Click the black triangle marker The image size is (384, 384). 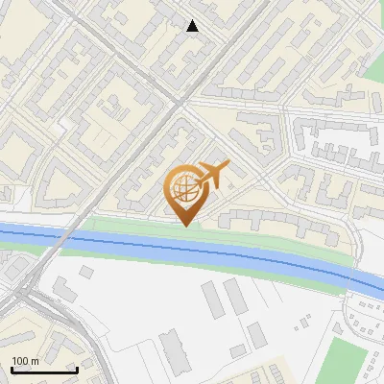193,26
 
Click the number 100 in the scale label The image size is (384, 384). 19,361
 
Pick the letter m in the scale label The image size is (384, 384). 34,361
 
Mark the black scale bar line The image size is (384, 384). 44,370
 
